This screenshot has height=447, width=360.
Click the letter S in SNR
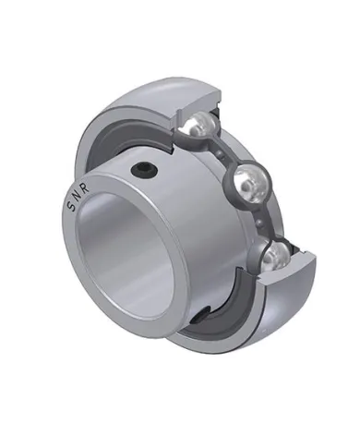pos(72,208)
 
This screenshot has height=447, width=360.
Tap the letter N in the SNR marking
pos(78,197)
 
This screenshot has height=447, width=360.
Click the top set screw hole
pos(143,169)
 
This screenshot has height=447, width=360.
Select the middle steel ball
pos(251,184)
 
